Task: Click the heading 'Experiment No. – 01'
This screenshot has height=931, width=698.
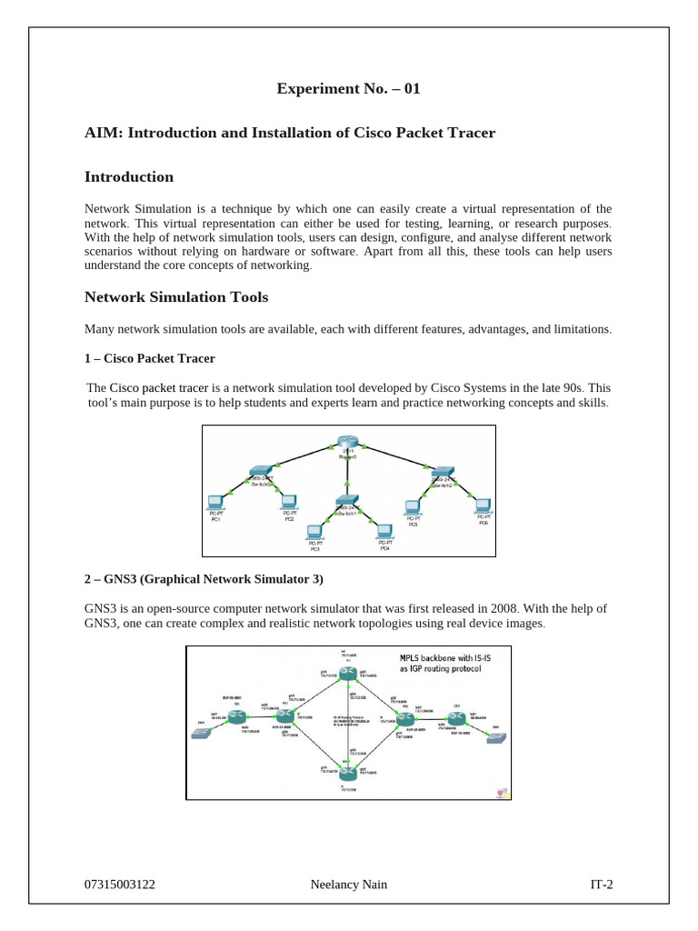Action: (x=349, y=89)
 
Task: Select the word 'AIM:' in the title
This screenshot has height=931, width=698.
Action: (x=104, y=133)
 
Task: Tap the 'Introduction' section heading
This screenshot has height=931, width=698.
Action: (x=128, y=176)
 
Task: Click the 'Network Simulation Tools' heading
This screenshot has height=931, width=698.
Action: (x=175, y=296)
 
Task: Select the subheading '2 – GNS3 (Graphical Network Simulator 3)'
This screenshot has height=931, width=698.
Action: (x=204, y=578)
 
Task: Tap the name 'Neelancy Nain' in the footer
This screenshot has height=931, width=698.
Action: (x=348, y=883)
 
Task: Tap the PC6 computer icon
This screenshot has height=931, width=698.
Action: (x=482, y=505)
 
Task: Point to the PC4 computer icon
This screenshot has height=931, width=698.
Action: (x=384, y=529)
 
